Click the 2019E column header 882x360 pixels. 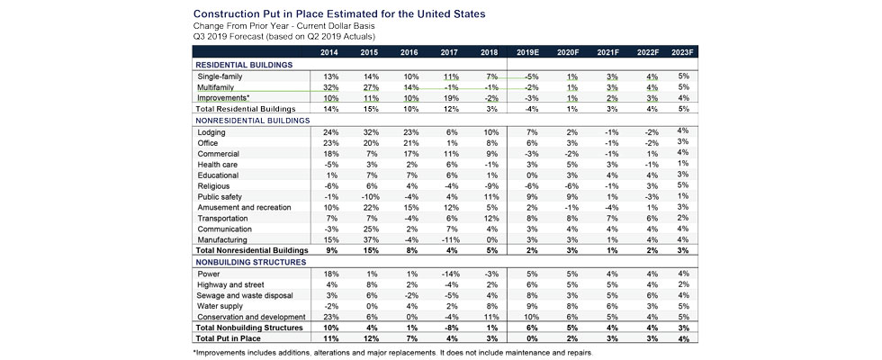point(528,53)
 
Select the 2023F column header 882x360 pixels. point(682,53)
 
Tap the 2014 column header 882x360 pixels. point(329,53)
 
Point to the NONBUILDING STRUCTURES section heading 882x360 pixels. point(250,262)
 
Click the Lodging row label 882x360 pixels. point(211,132)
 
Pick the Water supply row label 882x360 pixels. point(220,306)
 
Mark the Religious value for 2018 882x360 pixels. point(490,186)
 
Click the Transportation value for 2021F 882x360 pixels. point(609,219)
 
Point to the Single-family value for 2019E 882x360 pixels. point(528,76)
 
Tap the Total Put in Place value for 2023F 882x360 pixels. point(683,338)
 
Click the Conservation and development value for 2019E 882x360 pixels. point(528,317)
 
